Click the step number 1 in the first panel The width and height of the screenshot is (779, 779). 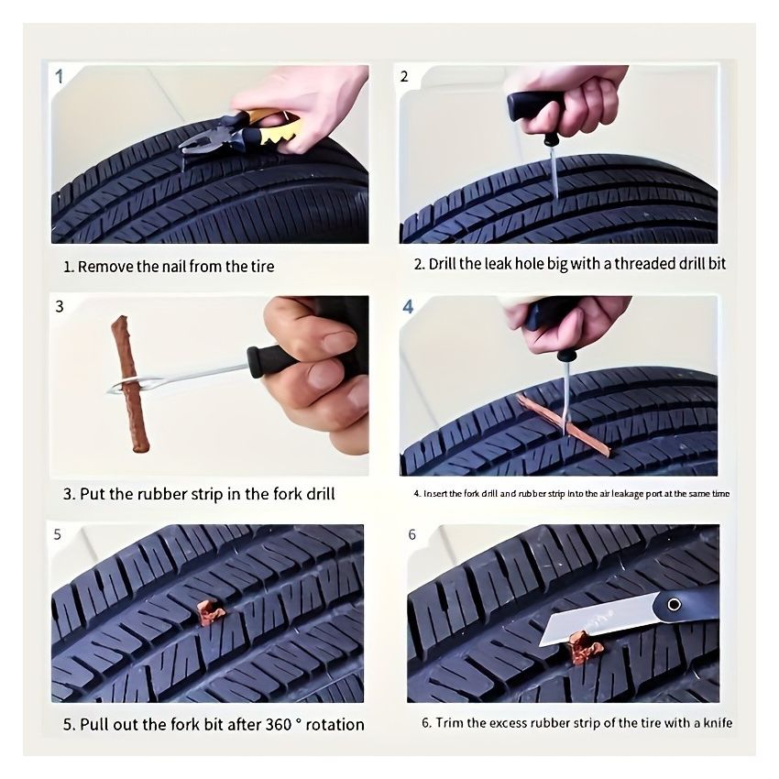(60, 76)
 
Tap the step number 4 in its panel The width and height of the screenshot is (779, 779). (409, 307)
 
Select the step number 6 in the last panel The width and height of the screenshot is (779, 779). (411, 534)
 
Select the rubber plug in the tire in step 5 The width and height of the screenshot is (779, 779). (210, 612)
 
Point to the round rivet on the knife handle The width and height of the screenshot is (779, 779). (675, 604)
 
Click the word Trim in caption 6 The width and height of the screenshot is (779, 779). (449, 723)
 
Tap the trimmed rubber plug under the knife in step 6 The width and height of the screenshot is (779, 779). (584, 653)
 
